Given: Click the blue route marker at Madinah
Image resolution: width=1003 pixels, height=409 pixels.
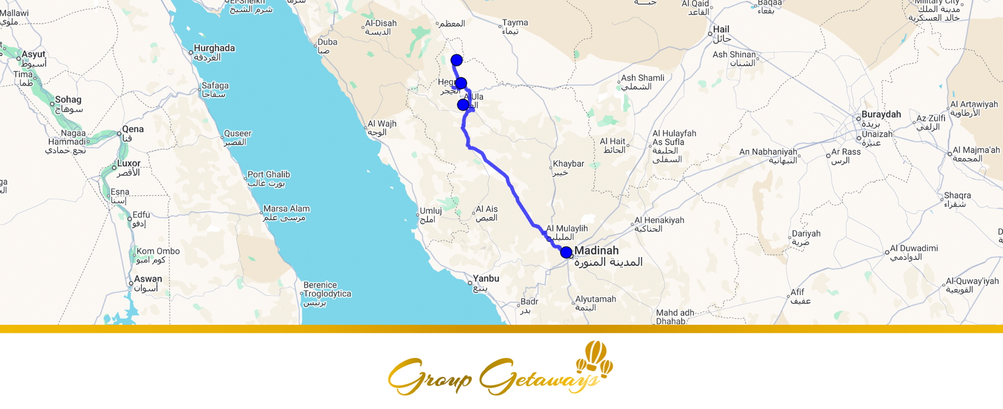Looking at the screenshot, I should [x=566, y=252].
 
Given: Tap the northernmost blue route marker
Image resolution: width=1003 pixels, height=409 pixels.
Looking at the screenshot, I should [x=456, y=60].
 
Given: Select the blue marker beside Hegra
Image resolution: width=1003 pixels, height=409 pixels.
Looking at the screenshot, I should [x=461, y=83].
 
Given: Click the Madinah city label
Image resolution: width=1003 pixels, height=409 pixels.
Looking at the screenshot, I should [x=596, y=251].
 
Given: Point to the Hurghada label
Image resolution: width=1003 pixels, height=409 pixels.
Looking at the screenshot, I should [x=214, y=48].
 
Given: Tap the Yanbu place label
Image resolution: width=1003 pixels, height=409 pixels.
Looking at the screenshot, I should [x=485, y=279].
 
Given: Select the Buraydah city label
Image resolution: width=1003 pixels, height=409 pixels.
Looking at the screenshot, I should [x=881, y=114].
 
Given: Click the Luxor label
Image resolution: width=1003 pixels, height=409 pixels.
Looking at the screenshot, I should [x=129, y=163].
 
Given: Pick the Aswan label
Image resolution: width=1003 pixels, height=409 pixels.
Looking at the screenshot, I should [x=148, y=279].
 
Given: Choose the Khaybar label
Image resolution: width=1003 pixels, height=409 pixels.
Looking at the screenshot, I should [x=568, y=164].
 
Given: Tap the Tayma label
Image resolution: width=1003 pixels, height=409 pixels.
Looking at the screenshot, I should [x=515, y=23].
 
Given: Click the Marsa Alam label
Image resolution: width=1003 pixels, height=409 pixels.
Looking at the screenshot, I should [x=286, y=209].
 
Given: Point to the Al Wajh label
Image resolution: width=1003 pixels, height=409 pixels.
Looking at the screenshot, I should [x=382, y=124].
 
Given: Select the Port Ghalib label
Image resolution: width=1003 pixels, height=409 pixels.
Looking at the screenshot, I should [x=269, y=174].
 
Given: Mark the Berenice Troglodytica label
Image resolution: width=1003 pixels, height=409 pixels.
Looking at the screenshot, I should [x=327, y=289].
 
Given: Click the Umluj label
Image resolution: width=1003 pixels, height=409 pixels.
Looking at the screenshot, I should [x=431, y=211].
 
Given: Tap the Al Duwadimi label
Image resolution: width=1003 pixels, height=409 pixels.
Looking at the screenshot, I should [x=914, y=248].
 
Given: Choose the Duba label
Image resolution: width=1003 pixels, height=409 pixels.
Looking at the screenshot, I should [x=327, y=42].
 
